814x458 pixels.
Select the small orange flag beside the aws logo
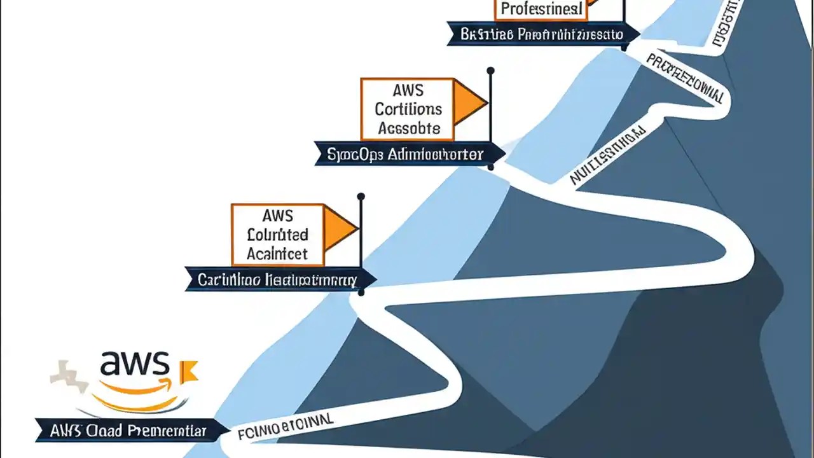tap(190, 371)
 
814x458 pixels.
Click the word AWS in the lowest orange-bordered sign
tap(277, 216)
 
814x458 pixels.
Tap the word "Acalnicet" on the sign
tap(277, 254)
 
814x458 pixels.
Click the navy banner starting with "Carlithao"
tap(277, 279)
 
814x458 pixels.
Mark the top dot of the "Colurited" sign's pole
tap(361, 197)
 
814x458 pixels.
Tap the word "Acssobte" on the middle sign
tap(408, 128)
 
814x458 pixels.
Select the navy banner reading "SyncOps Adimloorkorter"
tap(407, 154)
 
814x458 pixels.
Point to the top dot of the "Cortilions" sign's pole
tap(490, 70)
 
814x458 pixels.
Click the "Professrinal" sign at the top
tap(541, 9)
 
